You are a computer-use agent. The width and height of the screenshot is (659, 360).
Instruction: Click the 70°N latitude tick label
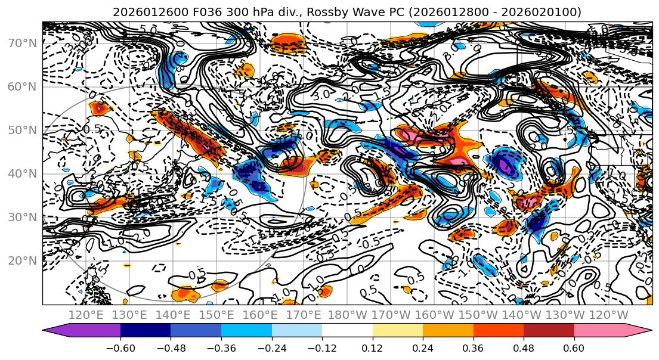click(21, 43)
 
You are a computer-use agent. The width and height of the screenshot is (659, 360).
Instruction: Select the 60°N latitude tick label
click(21, 86)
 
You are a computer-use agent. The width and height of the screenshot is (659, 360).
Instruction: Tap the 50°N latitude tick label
click(21, 130)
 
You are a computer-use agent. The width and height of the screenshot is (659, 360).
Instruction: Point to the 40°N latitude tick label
click(21, 173)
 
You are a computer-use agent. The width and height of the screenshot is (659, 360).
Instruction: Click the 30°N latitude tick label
click(21, 217)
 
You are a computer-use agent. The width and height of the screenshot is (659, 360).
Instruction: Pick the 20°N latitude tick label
click(21, 260)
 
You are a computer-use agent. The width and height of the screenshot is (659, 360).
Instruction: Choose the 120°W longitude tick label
click(608, 315)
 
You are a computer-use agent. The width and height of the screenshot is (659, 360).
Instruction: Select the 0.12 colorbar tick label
click(373, 347)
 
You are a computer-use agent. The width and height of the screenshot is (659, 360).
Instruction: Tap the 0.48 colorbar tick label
click(524, 347)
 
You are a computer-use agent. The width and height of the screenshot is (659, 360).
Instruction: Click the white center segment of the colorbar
click(347, 331)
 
